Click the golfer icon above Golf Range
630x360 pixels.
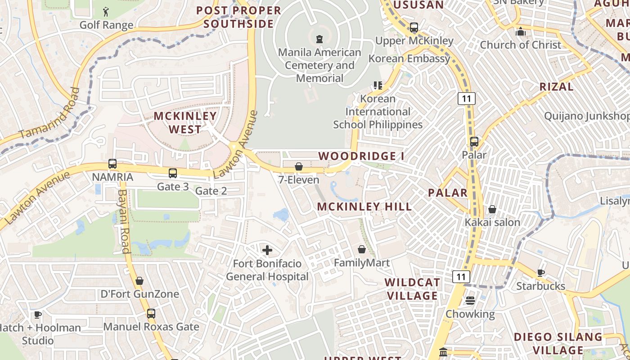coord(106,11)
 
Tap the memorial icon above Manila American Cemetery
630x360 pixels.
coord(319,39)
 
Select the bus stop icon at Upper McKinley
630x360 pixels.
coord(414,27)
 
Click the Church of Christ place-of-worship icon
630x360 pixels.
coord(521,32)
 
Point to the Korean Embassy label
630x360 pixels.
coord(409,58)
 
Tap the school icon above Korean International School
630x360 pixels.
coord(378,85)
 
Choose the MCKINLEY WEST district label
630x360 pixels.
coord(185,122)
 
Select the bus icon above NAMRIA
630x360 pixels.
coord(112,164)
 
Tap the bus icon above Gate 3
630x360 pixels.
coord(173,173)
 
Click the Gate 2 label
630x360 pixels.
coord(211,191)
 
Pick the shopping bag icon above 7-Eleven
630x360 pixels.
coord(298,167)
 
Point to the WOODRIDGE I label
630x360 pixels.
coord(361,156)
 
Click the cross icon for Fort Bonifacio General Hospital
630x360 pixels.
coord(267,250)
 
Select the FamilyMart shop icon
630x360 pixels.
coord(362,249)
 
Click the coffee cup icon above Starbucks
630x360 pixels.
coord(540,273)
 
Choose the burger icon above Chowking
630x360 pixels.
coord(470,300)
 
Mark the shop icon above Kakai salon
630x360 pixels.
coord(492,209)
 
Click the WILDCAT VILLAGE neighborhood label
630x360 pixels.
coord(412,289)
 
